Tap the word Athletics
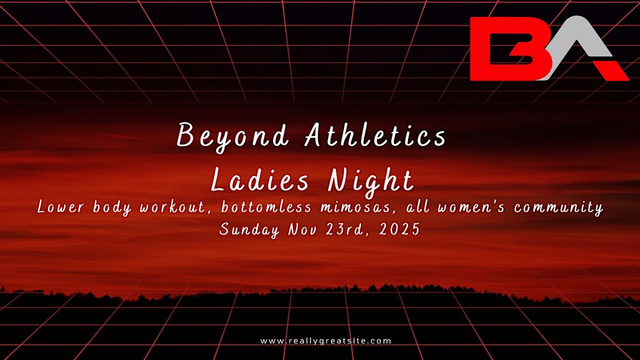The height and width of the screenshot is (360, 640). pos(375,137)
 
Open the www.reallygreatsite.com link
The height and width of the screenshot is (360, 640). pos(326,340)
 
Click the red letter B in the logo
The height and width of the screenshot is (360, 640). pos(504,49)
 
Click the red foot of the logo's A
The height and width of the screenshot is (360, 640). pos(613,70)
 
